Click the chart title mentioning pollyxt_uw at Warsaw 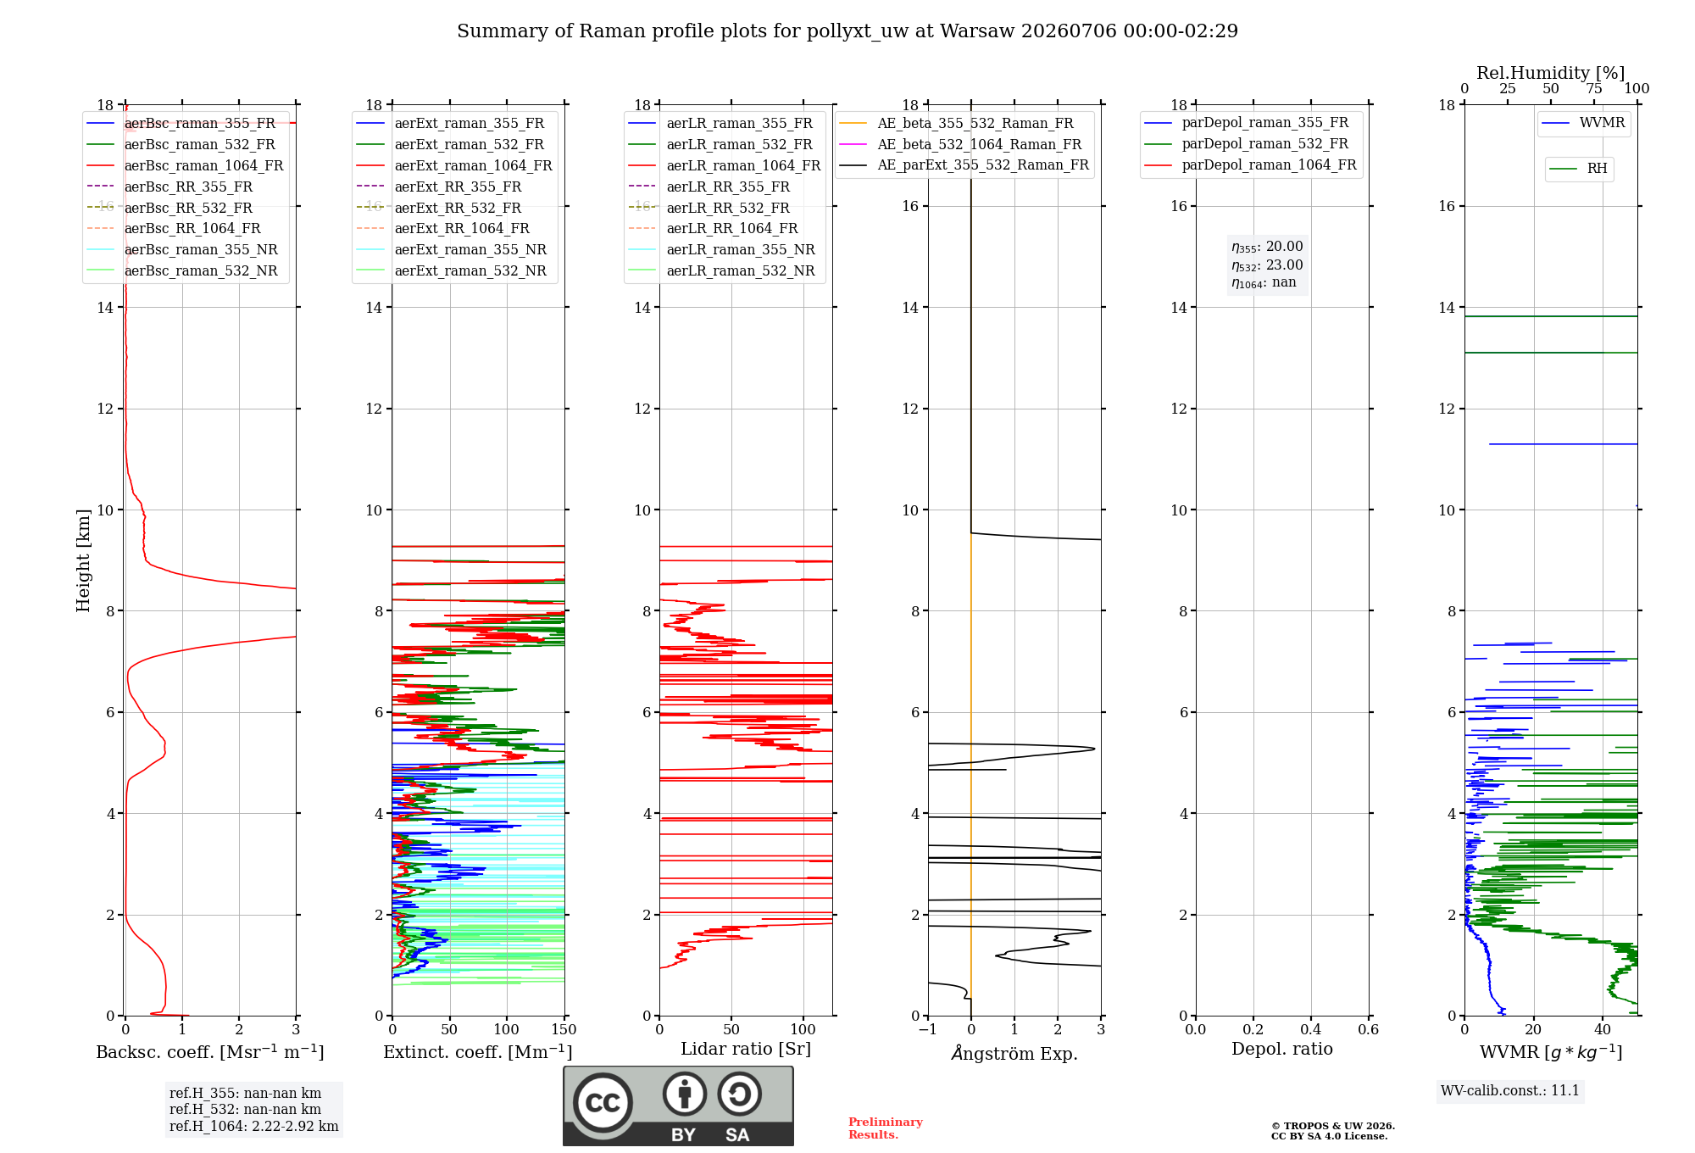pos(847,31)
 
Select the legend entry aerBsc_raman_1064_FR pos(185,165)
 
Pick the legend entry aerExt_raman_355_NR pos(451,249)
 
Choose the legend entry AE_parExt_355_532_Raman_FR pos(964,164)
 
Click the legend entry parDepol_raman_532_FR pos(1246,144)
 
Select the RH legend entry pos(1578,169)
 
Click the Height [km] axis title pos(83,560)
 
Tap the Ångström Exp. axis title pos(1014,1053)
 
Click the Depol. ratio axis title pos(1282,1049)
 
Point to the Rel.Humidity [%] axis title pos(1551,73)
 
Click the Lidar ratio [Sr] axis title pos(746,1049)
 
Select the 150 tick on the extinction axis pos(564,1029)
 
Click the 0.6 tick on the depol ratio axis pos(1369,1029)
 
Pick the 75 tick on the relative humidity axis pos(1594,89)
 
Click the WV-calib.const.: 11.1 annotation pos(1510,1090)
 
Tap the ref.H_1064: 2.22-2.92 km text pos(254,1126)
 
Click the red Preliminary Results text pos(886,1128)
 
